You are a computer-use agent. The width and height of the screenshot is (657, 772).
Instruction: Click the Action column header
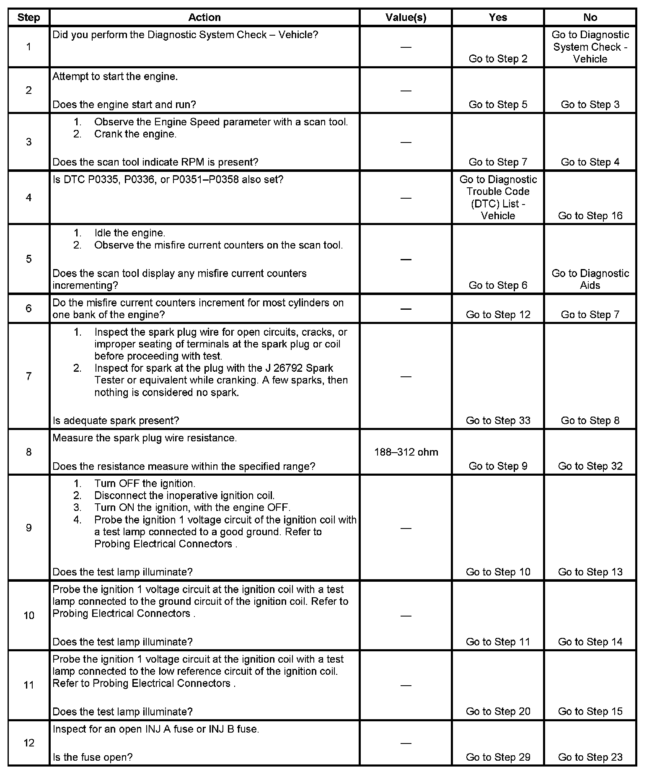pos(204,17)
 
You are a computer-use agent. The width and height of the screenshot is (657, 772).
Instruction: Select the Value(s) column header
pos(406,17)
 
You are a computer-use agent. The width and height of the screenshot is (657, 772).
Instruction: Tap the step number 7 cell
pos(28,376)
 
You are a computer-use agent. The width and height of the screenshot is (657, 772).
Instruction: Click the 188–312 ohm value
pos(406,452)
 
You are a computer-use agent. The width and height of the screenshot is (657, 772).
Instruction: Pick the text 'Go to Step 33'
pos(498,420)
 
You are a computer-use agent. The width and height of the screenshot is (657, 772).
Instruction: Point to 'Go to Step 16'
pos(590,215)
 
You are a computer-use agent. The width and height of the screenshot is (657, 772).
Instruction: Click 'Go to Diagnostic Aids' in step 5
pos(590,279)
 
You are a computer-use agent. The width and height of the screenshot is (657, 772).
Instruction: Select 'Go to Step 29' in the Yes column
pos(498,757)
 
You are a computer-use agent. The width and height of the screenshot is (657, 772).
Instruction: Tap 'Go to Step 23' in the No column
pos(590,757)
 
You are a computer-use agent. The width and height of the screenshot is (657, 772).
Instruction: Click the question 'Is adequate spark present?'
pos(116,420)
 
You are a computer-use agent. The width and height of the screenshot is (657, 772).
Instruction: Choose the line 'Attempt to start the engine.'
pos(115,77)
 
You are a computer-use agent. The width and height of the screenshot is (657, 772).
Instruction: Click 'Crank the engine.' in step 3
pos(135,134)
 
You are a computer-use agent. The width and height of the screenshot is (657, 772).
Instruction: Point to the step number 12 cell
pos(28,743)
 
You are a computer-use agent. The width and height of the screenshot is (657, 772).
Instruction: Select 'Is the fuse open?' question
pos(93,757)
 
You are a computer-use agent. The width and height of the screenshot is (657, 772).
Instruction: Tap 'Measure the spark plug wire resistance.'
pos(145,438)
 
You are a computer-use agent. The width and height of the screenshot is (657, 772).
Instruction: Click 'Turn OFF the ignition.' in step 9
pos(145,484)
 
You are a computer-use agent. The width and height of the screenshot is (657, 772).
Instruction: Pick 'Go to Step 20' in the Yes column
pos(498,711)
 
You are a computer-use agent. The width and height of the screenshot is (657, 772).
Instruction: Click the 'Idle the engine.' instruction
pos(129,233)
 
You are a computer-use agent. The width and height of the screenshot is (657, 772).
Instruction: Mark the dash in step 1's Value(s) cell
pos(406,47)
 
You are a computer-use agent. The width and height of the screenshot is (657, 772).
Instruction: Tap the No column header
pos(590,17)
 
